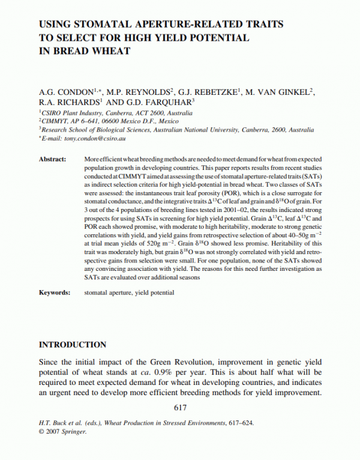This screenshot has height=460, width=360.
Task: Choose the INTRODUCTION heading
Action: pyautogui.click(x=73, y=345)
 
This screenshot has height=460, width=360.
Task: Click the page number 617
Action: pyautogui.click(x=180, y=408)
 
